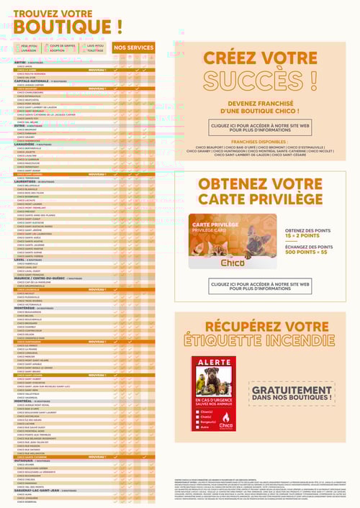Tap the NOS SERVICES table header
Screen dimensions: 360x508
pyautogui.click(x=134, y=47)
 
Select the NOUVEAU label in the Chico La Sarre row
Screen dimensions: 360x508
pyautogui.click(x=97, y=70)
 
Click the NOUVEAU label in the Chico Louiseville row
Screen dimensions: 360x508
pyautogui.click(x=97, y=289)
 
